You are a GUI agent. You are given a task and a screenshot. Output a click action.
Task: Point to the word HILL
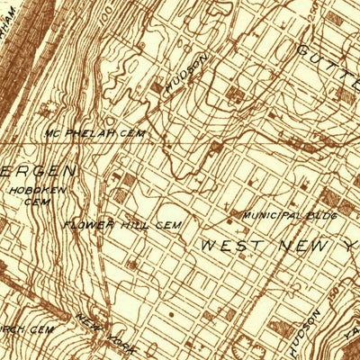click(x=136, y=224)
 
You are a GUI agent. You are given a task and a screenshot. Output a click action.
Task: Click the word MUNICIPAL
click(x=270, y=216)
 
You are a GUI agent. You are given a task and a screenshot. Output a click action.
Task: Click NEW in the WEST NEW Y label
click(x=292, y=245)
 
